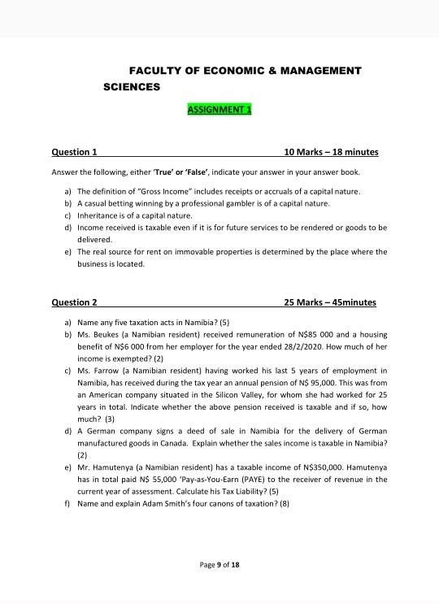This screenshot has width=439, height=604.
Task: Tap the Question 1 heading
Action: tap(74, 152)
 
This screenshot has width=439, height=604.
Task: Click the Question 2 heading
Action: tap(74, 302)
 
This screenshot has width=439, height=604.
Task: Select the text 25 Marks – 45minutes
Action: tap(329, 302)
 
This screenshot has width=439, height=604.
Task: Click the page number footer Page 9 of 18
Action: tap(219, 564)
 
